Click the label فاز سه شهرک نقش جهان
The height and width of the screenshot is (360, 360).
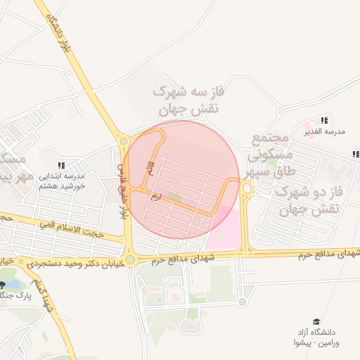pos(186,101)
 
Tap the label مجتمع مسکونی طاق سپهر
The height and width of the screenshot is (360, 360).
pos(270,155)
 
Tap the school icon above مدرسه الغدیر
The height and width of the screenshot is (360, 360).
pos(323,120)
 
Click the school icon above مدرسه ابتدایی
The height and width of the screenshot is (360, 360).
pos(61,165)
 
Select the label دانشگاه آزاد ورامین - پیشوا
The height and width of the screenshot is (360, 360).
pos(316,337)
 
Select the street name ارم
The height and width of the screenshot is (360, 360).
pos(156,198)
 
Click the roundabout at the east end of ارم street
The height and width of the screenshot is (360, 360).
pos(247,188)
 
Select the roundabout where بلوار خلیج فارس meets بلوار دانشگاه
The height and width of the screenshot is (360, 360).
pos(124,141)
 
